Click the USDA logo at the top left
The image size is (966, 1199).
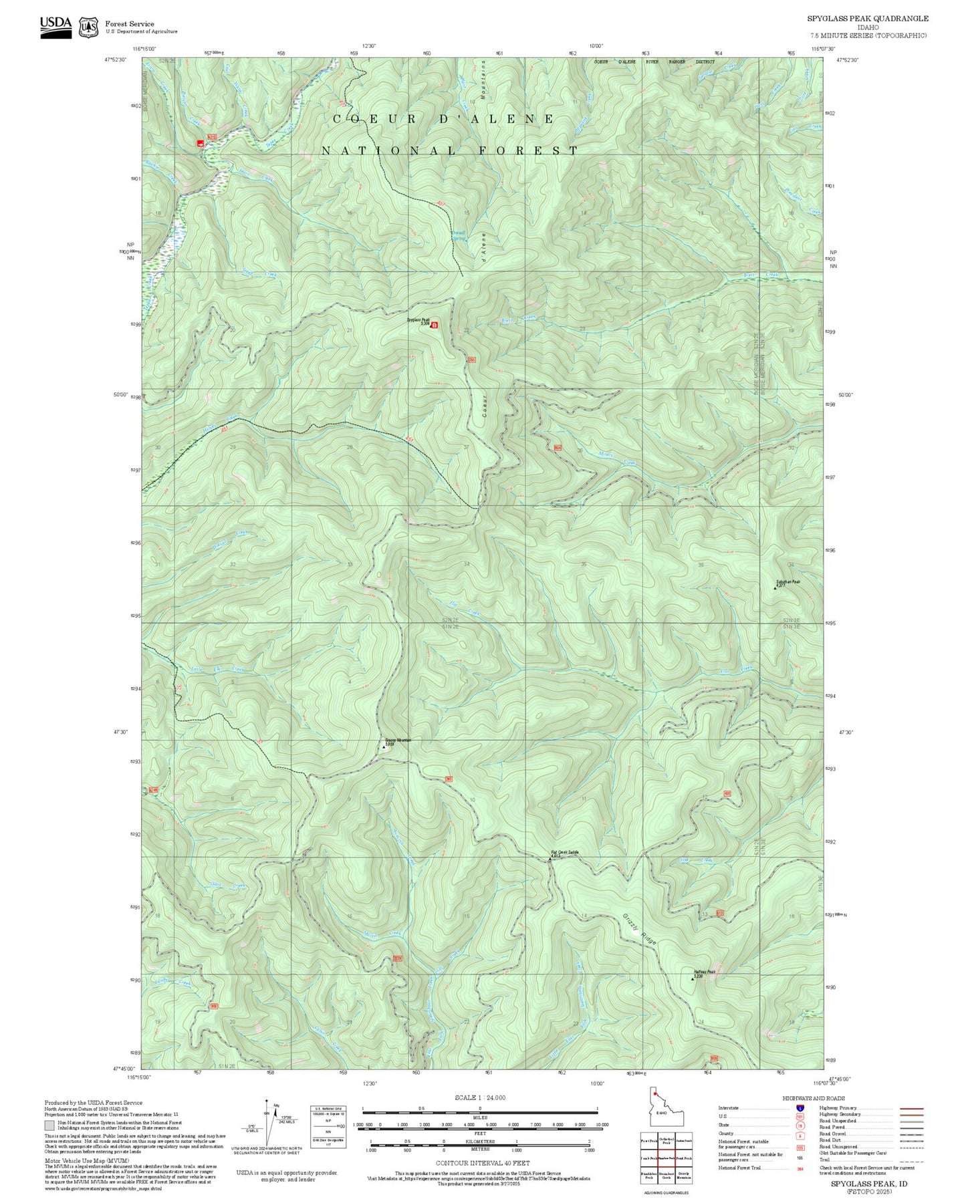[x=55, y=27]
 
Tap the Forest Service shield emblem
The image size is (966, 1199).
[x=88, y=27]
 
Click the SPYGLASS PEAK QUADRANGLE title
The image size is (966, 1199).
[x=867, y=19]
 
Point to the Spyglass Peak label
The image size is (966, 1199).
[x=418, y=320]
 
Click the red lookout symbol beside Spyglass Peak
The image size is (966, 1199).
[x=435, y=325]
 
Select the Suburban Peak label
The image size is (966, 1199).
[x=788, y=582]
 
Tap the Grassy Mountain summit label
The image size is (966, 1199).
[x=398, y=740]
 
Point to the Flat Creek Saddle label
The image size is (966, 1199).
[x=564, y=853]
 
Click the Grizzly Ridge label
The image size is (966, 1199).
[x=640, y=929]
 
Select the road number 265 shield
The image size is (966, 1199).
[x=471, y=360]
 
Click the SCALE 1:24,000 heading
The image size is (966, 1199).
[x=479, y=1097]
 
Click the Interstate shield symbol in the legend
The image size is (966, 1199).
[x=800, y=1108]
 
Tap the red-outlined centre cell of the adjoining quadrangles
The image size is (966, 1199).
[x=666, y=1158]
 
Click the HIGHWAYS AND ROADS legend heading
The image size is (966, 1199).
[x=814, y=1098]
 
